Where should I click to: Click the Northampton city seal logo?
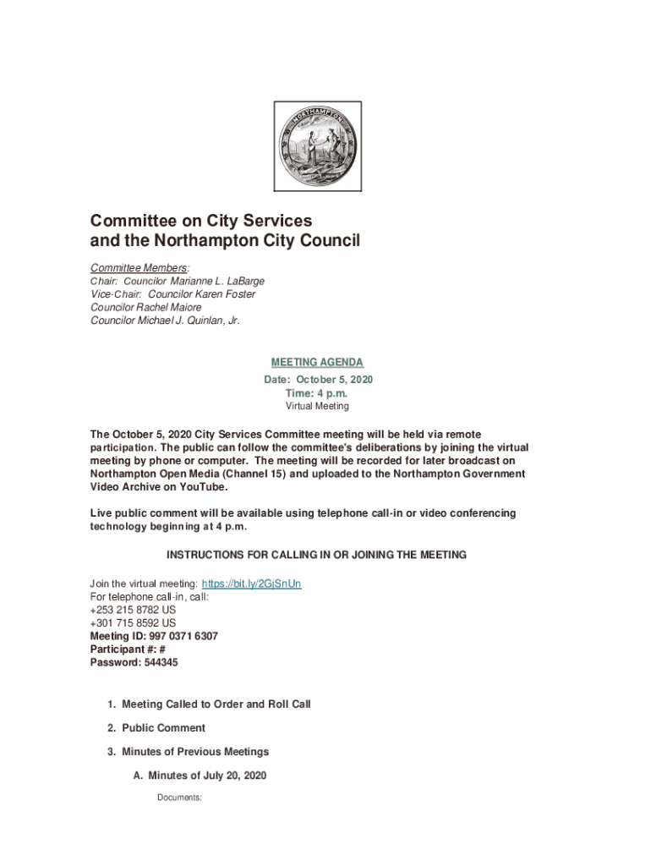pos(317,146)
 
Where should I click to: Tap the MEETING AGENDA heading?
pos(317,363)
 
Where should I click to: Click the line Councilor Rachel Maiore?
pos(146,307)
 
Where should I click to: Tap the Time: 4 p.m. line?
pos(317,393)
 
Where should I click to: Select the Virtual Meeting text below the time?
pos(317,407)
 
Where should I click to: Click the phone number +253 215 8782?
pos(126,610)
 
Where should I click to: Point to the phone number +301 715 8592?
pos(126,623)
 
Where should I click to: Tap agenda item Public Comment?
pos(163,727)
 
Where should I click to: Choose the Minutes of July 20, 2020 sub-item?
pos(207,776)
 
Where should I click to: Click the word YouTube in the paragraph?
pos(203,487)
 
